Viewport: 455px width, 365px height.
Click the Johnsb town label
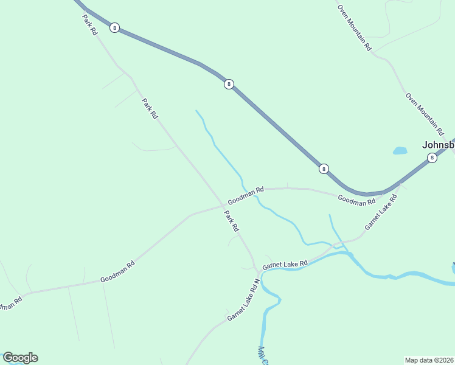(438, 145)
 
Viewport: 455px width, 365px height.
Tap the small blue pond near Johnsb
(400, 150)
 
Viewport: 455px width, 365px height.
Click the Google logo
(20, 358)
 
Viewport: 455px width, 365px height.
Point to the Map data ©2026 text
(429, 360)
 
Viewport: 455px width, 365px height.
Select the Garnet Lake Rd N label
(243, 300)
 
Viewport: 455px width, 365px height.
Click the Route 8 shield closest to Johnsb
(432, 158)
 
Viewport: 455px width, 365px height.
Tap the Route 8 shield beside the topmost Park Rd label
(114, 28)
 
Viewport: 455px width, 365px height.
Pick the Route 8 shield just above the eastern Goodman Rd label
(324, 169)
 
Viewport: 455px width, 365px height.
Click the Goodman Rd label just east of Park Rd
(246, 196)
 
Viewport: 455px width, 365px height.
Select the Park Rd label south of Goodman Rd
(231, 221)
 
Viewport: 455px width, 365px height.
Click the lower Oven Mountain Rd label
(425, 114)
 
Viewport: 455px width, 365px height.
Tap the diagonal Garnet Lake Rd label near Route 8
(381, 212)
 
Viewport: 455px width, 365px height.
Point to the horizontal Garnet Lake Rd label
(285, 265)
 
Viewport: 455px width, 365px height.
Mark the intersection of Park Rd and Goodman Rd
(223, 204)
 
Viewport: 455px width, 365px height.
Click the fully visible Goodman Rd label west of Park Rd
(117, 273)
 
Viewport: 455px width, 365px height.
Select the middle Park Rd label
(150, 108)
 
